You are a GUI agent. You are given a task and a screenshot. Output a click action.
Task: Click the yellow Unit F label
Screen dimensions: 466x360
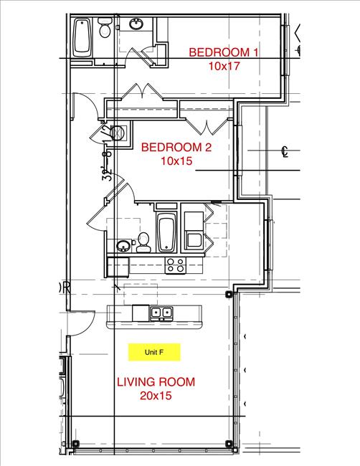154,353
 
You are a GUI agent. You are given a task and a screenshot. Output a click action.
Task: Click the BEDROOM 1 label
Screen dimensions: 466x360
223,52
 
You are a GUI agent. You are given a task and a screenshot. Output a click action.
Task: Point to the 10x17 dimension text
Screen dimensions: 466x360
223,65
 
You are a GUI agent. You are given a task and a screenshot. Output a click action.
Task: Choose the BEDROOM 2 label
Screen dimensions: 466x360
176,148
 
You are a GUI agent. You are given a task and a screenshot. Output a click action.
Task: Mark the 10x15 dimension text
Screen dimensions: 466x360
176,161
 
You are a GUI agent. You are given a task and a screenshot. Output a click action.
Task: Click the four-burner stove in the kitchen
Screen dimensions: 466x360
176,265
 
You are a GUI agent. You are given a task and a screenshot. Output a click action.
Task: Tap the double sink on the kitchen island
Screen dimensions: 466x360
161,313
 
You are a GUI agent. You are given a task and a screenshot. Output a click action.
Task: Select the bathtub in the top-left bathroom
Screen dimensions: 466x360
82,39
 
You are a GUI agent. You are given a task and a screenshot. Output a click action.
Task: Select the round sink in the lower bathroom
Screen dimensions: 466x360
123,246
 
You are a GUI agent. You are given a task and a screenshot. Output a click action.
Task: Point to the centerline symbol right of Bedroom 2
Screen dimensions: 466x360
285,152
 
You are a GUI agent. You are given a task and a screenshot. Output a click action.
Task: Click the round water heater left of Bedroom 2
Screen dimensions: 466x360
120,132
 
